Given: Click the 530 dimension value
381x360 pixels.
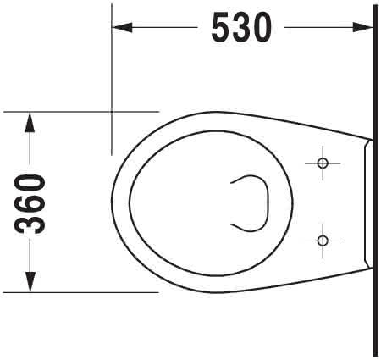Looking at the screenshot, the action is coord(241,28).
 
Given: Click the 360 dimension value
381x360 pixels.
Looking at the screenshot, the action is coord(30,204).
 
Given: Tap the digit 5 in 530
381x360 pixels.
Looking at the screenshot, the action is coord(221,28).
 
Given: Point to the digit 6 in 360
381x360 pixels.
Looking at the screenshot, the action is coord(30,204).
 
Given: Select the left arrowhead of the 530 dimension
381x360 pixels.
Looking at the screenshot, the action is coord(122,27).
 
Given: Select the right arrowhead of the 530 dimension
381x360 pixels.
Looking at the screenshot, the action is coord(362,27).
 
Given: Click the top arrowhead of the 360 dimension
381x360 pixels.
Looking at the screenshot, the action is coord(30,122).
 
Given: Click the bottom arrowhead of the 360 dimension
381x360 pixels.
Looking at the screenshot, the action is coord(30,282).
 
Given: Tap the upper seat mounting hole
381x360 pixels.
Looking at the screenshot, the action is coord(323,163).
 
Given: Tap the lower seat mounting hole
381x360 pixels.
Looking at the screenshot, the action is coord(323,241).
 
